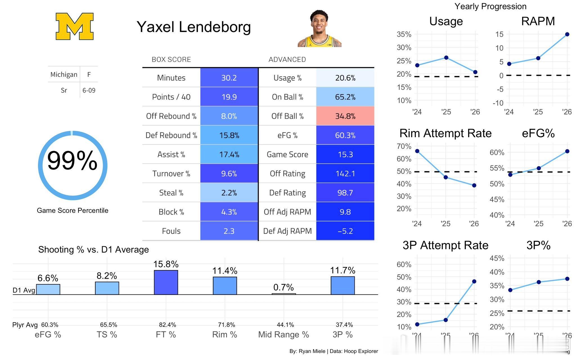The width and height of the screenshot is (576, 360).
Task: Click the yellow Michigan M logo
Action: (x=75, y=26)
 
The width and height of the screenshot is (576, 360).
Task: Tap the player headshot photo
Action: (x=319, y=28)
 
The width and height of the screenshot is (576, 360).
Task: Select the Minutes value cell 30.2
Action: (x=229, y=78)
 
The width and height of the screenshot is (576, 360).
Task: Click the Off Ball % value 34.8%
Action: (x=345, y=116)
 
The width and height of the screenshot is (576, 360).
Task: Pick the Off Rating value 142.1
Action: (x=345, y=174)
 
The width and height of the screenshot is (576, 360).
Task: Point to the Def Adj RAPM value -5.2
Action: (x=345, y=231)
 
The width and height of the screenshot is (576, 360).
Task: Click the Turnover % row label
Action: (x=171, y=174)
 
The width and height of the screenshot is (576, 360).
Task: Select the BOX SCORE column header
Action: (x=171, y=59)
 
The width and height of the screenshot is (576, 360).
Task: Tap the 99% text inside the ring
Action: (x=72, y=160)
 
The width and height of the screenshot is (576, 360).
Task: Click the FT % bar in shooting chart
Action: (x=166, y=282)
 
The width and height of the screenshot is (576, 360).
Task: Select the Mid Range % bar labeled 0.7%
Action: (x=284, y=294)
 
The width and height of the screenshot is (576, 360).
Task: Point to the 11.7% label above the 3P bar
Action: (x=343, y=270)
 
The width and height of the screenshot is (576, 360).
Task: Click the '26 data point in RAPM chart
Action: (x=567, y=34)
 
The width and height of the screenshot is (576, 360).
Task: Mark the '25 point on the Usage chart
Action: (x=446, y=58)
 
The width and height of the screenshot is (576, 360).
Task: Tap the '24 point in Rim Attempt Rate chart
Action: (x=417, y=151)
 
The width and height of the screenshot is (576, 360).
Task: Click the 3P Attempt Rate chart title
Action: (x=445, y=245)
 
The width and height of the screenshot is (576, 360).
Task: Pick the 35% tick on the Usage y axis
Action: (x=404, y=34)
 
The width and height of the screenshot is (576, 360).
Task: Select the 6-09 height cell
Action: (x=89, y=90)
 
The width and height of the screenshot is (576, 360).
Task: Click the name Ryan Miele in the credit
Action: (x=312, y=351)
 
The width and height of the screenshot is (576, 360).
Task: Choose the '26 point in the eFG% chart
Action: (x=567, y=151)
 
